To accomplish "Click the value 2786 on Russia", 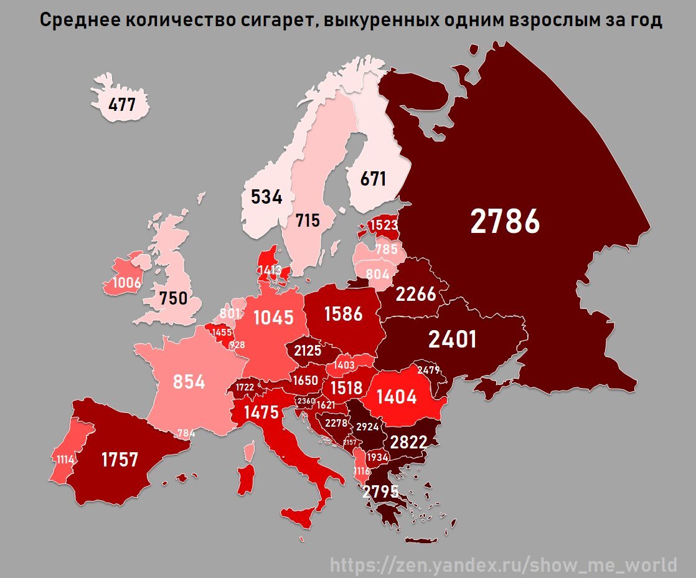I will pyautogui.click(x=505, y=221).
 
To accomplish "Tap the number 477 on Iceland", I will pyautogui.click(x=122, y=104).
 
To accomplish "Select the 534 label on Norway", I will pyautogui.click(x=266, y=197).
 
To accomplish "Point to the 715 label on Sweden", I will pyautogui.click(x=308, y=220).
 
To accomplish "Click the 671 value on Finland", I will pyautogui.click(x=374, y=179).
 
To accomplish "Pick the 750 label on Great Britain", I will pyautogui.click(x=173, y=298).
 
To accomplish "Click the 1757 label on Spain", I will pyautogui.click(x=120, y=460).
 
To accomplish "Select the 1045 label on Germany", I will pyautogui.click(x=273, y=317).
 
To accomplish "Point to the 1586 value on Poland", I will pyautogui.click(x=343, y=313).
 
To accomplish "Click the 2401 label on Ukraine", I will pyautogui.click(x=452, y=339).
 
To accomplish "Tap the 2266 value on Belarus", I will pyautogui.click(x=416, y=293).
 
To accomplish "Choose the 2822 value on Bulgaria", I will pyautogui.click(x=408, y=442).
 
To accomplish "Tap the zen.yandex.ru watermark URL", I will pyautogui.click(x=503, y=565).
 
